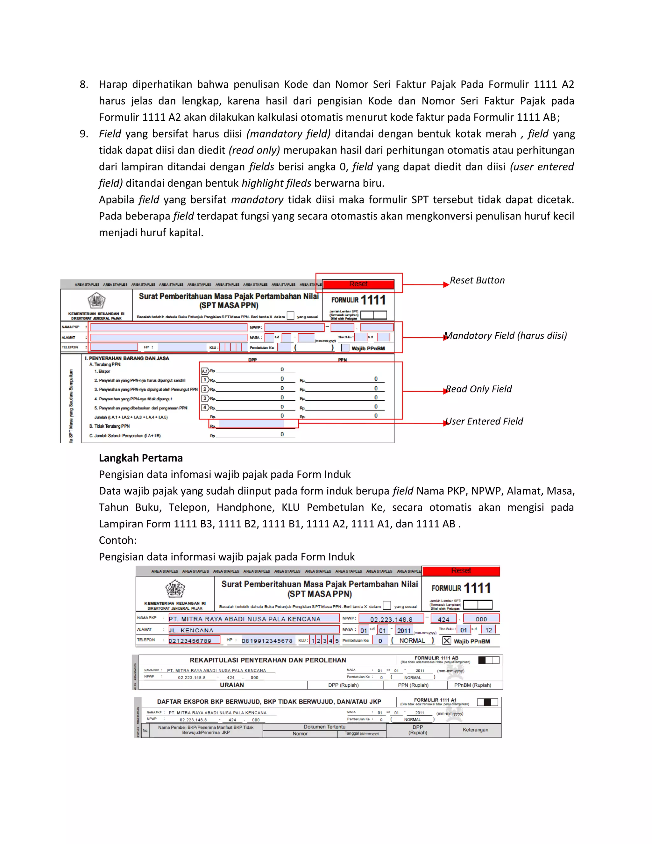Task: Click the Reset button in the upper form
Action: click(358, 284)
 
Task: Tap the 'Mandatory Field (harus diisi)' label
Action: click(506, 335)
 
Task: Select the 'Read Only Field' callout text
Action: click(478, 389)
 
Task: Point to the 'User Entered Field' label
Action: click(484, 421)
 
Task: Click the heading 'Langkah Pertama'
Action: click(141, 458)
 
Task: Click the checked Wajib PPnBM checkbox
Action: click(447, 641)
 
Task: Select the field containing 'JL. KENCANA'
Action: click(253, 630)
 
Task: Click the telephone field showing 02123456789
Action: click(194, 641)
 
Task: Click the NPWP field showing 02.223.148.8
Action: click(391, 619)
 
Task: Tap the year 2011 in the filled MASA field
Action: click(404, 631)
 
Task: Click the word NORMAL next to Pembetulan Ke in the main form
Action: click(412, 641)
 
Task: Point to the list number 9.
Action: click(84, 134)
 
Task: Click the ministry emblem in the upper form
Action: click(96, 300)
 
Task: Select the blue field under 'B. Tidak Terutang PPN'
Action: click(252, 424)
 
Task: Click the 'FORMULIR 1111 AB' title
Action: click(436, 658)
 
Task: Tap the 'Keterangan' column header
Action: click(476, 730)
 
